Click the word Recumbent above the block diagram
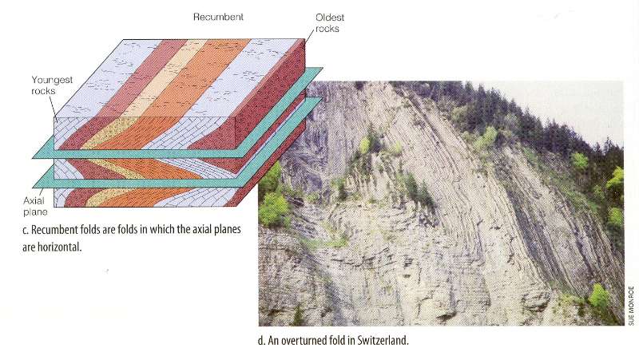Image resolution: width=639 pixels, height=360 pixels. tap(218, 17)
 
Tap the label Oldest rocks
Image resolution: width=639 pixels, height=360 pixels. tap(330, 23)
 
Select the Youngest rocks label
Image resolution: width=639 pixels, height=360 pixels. tap(52, 85)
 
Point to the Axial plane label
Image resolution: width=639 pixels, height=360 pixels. tap(35, 206)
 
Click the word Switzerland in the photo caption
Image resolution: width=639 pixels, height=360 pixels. tap(383, 340)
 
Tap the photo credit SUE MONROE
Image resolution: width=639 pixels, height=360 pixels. tap(631, 306)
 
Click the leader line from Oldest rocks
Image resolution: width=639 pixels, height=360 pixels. tap(311, 37)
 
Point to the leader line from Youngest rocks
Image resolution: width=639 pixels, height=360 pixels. tap(54, 107)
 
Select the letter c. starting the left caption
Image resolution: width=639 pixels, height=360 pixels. tap(26, 230)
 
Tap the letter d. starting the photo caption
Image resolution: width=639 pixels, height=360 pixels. tap(261, 341)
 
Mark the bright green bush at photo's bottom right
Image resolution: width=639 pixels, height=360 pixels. tap(598, 296)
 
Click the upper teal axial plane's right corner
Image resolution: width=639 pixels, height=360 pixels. tap(322, 69)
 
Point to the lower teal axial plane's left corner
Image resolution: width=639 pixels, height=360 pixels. tap(34, 187)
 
